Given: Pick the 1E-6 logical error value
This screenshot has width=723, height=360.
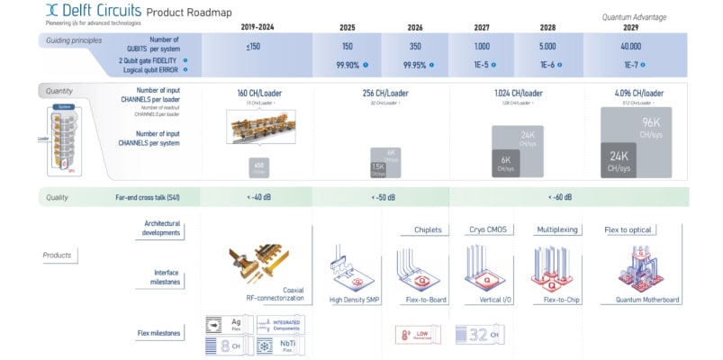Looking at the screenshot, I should [547, 65].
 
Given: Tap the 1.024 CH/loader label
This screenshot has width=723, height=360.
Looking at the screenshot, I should [518, 94].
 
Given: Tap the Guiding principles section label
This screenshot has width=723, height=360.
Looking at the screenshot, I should [74, 41].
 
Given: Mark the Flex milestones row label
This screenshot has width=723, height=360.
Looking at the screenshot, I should [161, 333].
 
